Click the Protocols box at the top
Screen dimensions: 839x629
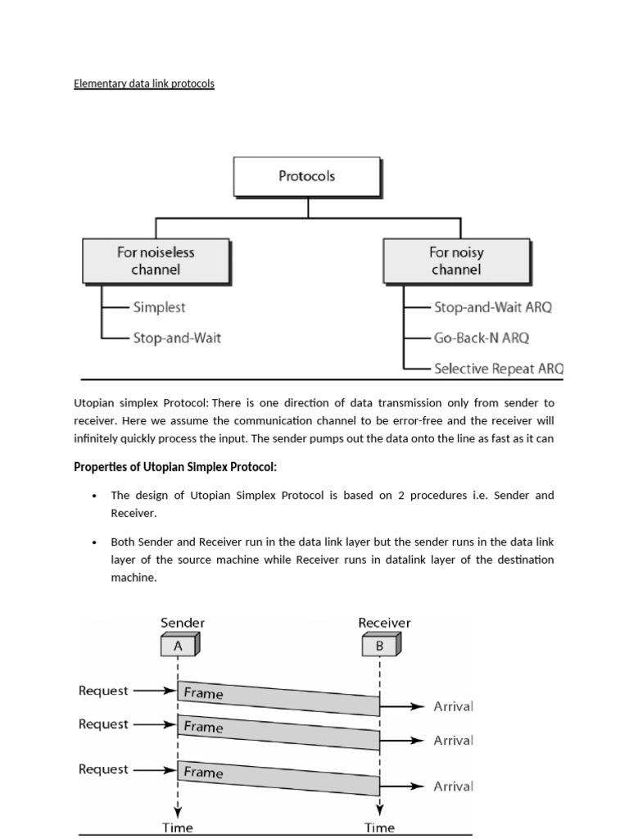[307, 176]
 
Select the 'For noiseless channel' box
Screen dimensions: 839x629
[156, 261]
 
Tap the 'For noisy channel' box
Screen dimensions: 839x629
[456, 261]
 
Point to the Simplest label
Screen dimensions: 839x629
[159, 307]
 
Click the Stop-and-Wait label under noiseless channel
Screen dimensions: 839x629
[177, 337]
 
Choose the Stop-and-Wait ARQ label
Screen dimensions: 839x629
[492, 307]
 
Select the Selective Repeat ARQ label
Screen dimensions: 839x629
[498, 368]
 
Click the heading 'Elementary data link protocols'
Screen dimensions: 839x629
[144, 84]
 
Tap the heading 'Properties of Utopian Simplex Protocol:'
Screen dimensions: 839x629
[175, 467]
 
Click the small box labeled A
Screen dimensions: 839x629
[178, 646]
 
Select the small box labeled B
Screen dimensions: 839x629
[379, 646]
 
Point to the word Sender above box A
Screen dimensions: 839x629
[183, 623]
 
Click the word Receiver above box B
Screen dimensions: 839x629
[385, 623]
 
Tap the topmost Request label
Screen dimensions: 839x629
[103, 691]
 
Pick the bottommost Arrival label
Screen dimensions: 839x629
[454, 787]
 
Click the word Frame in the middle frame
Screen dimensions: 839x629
[203, 727]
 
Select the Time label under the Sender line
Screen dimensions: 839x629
[178, 828]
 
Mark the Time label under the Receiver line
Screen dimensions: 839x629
[379, 828]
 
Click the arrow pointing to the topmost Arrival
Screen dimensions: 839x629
[405, 705]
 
